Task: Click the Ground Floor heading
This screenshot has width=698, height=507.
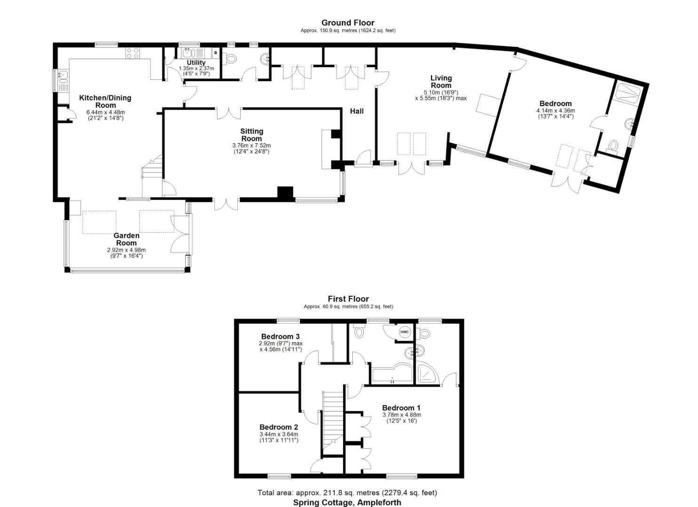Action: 348,23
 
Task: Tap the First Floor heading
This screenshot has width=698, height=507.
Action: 348,299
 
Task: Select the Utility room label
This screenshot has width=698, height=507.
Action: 196,62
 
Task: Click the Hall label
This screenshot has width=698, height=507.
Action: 357,111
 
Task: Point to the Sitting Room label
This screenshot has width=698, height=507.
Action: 251,135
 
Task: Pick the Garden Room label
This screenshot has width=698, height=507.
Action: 126,239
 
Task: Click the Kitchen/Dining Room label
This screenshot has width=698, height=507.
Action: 105,101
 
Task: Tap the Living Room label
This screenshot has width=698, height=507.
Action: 441,81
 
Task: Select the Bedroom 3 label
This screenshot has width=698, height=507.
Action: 280,336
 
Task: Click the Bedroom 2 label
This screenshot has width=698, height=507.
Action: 279,427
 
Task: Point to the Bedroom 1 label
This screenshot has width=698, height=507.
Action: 401,407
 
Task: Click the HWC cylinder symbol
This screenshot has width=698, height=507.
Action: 405,332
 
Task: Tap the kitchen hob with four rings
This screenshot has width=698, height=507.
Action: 133,53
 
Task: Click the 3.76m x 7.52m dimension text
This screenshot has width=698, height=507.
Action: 251,146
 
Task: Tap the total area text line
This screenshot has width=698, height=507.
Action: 347,492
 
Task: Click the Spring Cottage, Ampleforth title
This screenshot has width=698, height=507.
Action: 347,502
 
